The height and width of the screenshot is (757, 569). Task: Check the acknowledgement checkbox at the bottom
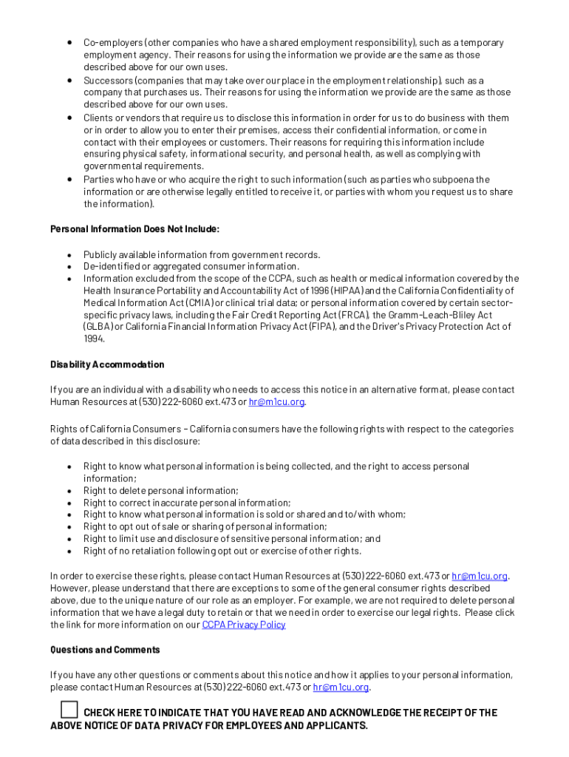point(69,710)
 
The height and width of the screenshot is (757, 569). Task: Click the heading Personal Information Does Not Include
point(134,229)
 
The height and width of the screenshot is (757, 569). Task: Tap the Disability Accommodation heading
point(107,364)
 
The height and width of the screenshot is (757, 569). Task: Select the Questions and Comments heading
point(105,650)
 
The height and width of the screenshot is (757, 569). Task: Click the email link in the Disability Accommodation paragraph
point(276,402)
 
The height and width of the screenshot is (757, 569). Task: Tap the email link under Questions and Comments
point(341,688)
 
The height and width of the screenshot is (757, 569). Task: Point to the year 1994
point(94,339)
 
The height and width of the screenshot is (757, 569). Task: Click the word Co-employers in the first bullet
point(109,43)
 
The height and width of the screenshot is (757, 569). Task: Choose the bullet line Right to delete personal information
point(160,491)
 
